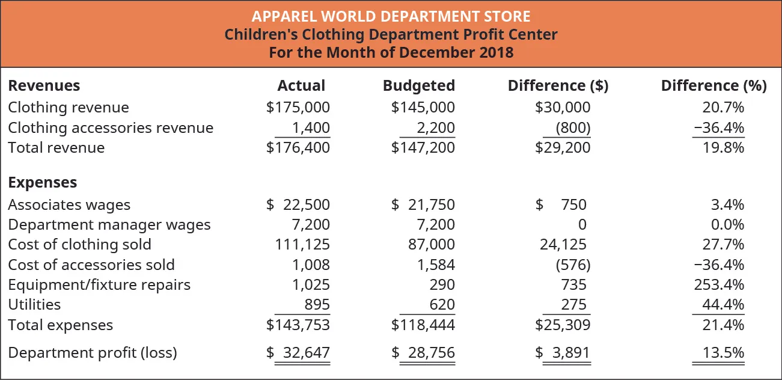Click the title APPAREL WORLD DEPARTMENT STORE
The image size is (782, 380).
pos(391,15)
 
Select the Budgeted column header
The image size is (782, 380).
pos(418,86)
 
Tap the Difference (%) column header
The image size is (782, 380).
pos(713,86)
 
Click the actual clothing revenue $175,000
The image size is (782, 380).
pos(298,108)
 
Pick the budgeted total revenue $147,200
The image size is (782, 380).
pos(423,148)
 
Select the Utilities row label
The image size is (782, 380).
pos(34,304)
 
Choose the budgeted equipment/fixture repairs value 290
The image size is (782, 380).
pos(443,284)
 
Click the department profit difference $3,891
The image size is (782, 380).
pos(563,353)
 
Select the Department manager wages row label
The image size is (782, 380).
pos(109,225)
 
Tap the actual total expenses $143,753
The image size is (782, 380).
pos(298,325)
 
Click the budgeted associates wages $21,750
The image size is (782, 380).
pos(423,205)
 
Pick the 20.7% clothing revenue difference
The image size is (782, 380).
pos(723,108)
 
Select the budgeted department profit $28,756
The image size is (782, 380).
pos(423,353)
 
